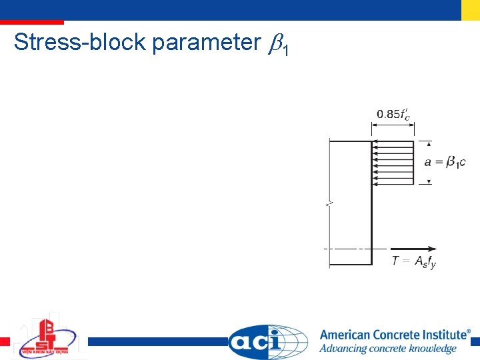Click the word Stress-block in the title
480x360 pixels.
[x=79, y=43]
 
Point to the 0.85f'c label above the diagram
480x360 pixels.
[x=393, y=115]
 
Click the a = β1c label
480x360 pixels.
[x=445, y=162]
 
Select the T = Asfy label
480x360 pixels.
[x=413, y=261]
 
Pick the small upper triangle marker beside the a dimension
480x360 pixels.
[x=429, y=143]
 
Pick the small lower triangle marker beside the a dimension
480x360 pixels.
[x=429, y=181]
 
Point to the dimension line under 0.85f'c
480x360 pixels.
[x=393, y=129]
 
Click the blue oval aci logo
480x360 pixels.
[x=267, y=341]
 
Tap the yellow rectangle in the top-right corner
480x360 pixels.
[x=470, y=9]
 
